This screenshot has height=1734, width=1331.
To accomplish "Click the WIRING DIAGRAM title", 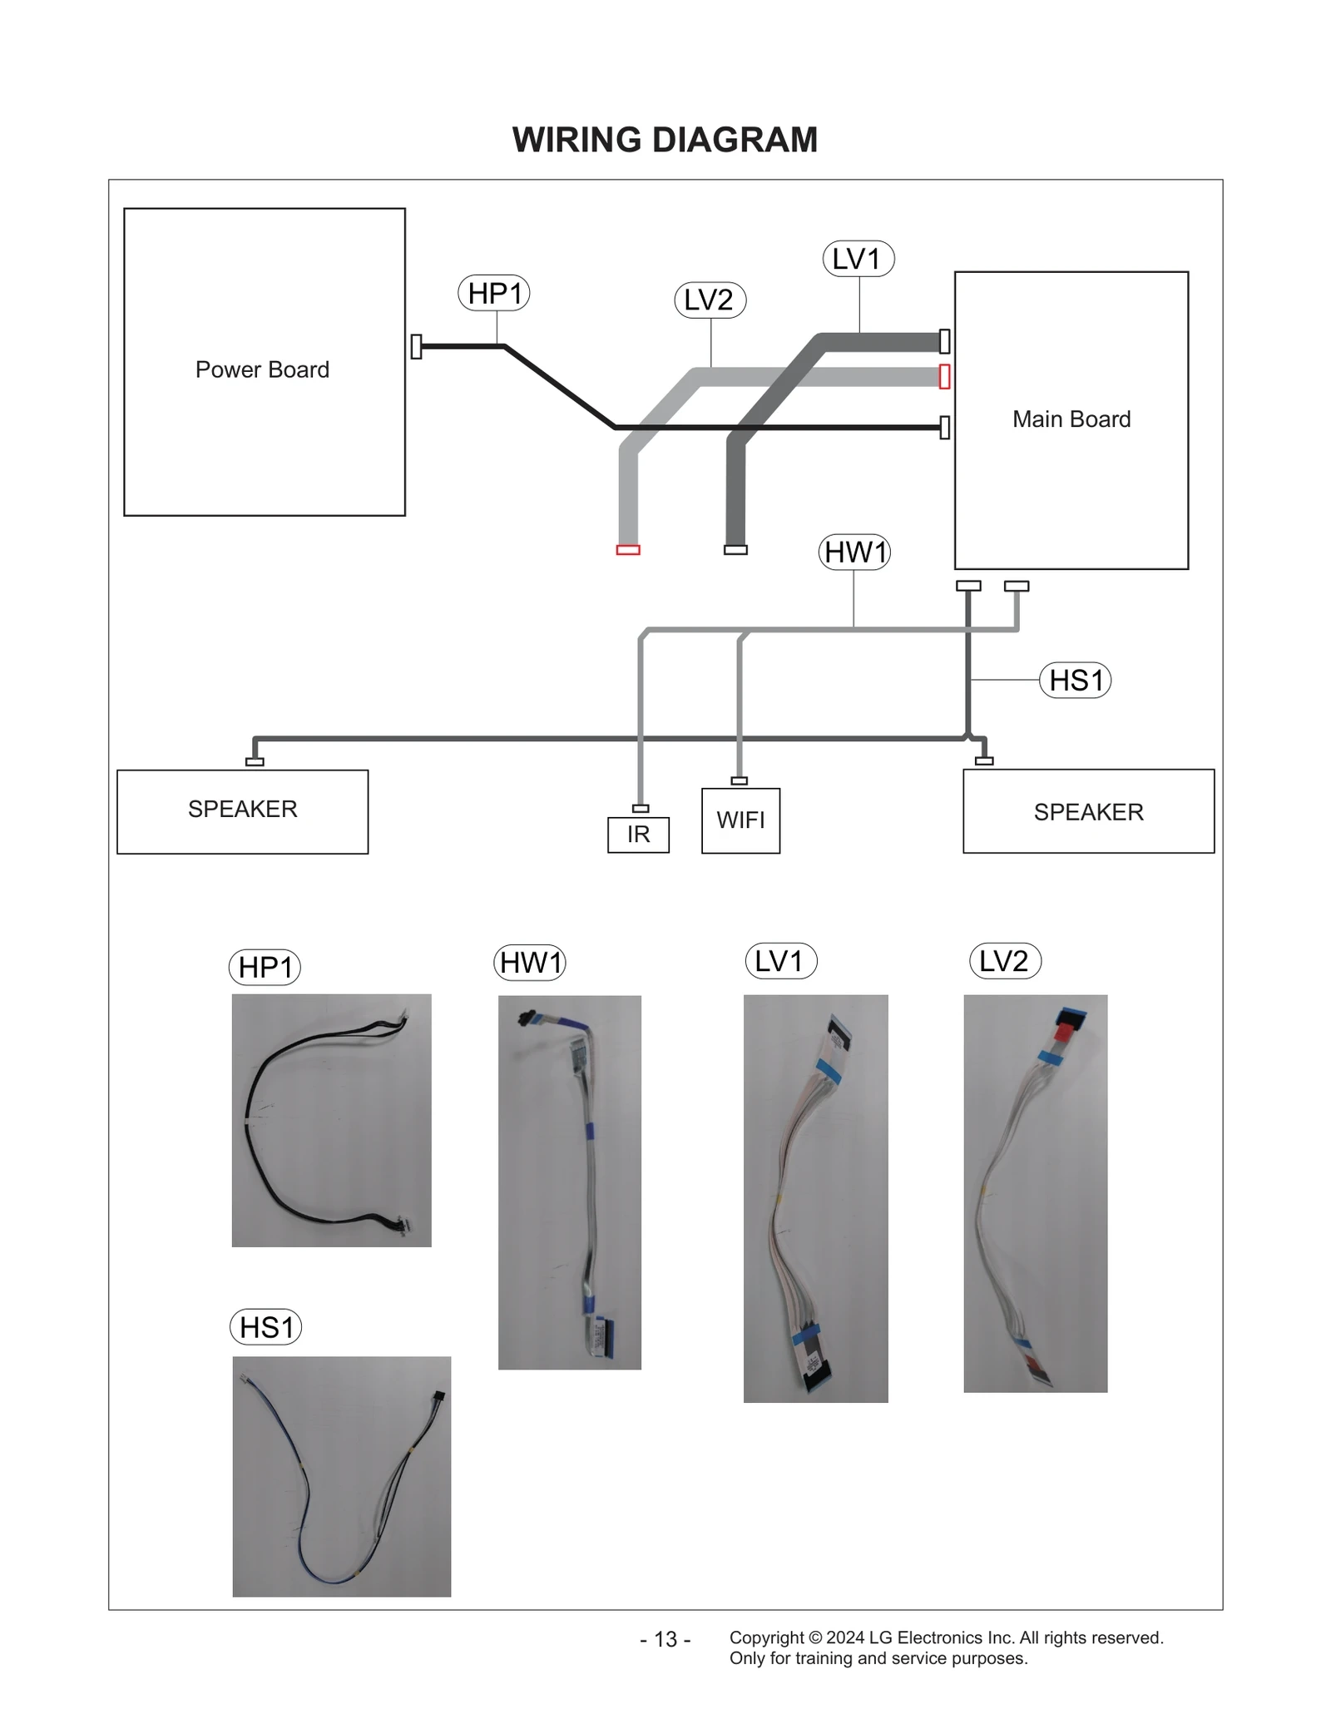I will click(665, 140).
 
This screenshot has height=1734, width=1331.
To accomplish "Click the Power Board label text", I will click(262, 369).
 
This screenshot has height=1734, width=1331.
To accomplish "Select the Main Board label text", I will click(1071, 419).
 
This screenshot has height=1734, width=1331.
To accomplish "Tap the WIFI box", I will click(740, 820).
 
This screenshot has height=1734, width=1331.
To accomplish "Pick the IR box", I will click(638, 835).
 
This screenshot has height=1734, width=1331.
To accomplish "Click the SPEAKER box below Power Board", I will click(242, 811).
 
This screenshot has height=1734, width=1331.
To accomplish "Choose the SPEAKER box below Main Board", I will click(1088, 811).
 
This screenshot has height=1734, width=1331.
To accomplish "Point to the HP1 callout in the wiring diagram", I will click(494, 293).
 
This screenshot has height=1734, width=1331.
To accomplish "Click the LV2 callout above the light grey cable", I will click(709, 300).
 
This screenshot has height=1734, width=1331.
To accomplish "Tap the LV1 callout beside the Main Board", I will click(858, 259).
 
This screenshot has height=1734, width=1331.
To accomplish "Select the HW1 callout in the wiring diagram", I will click(854, 552).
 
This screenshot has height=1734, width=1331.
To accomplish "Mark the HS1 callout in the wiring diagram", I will click(1075, 680).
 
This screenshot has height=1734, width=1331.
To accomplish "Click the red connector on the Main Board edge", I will click(944, 376).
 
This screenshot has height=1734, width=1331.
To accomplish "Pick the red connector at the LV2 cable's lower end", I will click(628, 550).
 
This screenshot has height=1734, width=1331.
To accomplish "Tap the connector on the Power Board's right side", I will click(416, 346).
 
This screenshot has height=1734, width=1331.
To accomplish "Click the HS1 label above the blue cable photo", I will click(265, 1327).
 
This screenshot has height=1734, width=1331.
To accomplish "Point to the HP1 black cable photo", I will click(331, 1120).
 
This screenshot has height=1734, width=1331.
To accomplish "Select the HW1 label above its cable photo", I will click(530, 963).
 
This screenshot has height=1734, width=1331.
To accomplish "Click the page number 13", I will click(665, 1639).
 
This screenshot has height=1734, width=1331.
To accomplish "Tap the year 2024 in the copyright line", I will click(844, 1637).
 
